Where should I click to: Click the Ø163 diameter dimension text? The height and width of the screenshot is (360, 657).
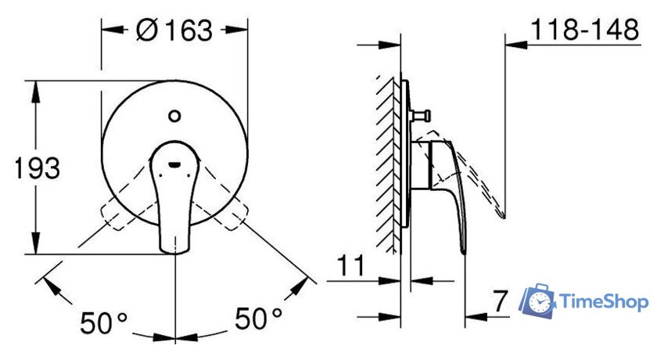click(174, 31)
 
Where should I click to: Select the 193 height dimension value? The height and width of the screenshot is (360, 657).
click(37, 168)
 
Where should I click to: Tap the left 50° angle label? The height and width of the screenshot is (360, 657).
click(103, 322)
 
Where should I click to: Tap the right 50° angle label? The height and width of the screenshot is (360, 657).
click(259, 318)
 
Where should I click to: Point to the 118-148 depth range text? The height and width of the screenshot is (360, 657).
click(585, 29)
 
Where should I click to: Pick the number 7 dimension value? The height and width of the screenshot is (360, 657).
click(500, 301)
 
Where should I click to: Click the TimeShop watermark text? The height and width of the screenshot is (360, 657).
click(603, 302)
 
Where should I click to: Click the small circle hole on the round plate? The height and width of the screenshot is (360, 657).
click(174, 116)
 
